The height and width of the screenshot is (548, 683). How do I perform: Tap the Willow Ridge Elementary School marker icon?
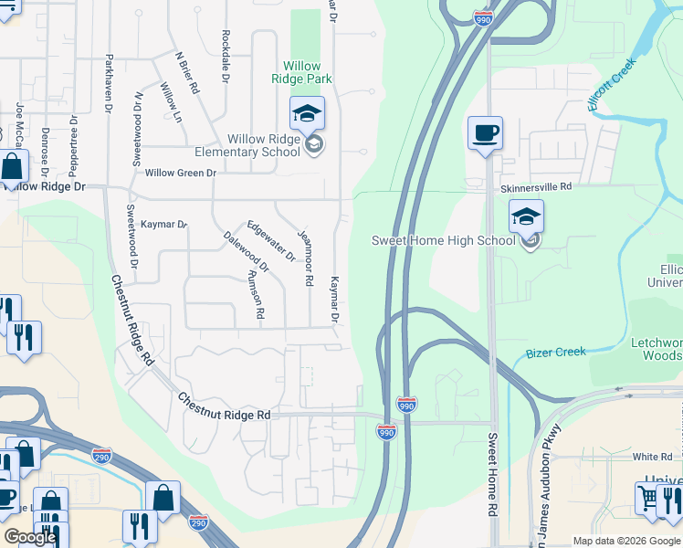point(307,115)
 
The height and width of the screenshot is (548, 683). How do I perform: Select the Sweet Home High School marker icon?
point(526,217)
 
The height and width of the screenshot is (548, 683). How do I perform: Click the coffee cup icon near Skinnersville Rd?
point(485,133)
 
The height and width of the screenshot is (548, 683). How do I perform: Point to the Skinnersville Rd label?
point(536,186)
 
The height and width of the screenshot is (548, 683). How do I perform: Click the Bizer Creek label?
point(555,353)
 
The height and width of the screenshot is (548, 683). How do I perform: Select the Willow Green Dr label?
point(180,173)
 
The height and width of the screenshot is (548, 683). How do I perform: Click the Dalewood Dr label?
point(247,253)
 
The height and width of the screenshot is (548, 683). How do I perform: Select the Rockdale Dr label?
point(225,56)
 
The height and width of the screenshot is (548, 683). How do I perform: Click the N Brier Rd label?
point(188,72)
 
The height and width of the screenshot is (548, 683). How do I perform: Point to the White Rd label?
point(652,457)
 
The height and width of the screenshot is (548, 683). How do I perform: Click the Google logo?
point(30,537)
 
